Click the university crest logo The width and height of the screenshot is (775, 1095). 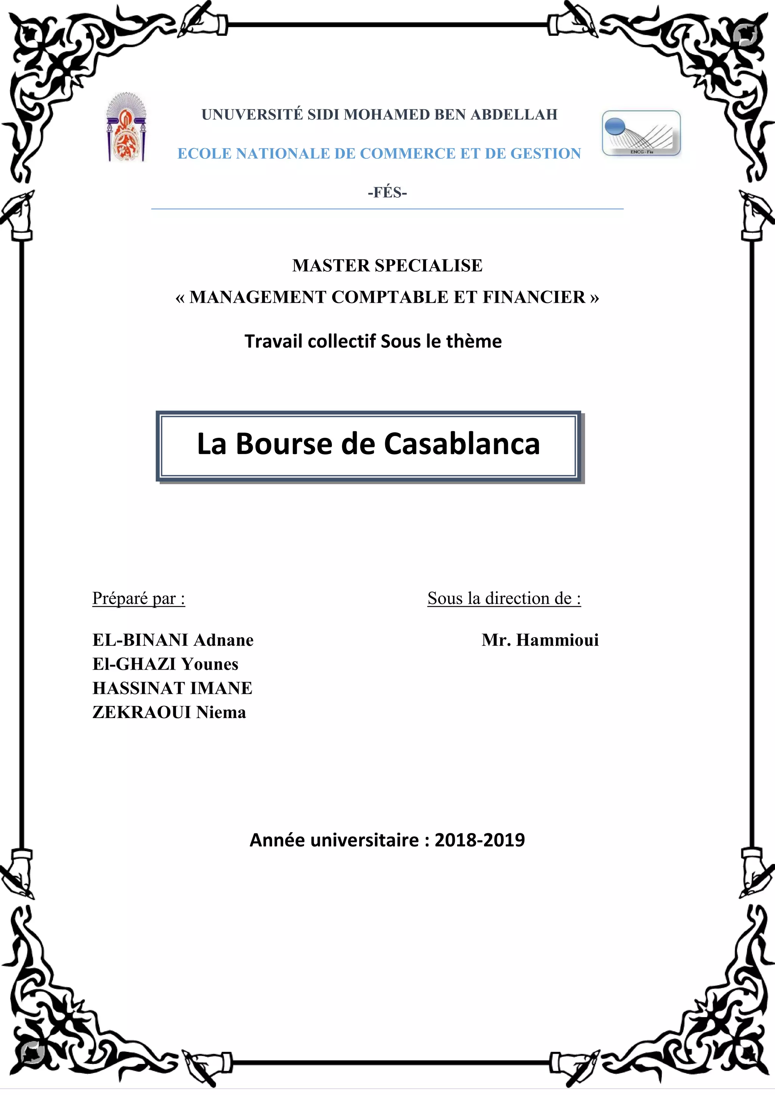[x=126, y=127]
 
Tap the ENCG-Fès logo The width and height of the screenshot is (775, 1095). [x=641, y=133]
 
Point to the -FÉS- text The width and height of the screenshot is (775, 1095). [x=387, y=193]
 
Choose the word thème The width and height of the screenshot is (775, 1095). [x=473, y=341]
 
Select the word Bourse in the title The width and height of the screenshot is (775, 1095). [x=284, y=444]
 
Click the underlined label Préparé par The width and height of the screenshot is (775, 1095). [x=139, y=599]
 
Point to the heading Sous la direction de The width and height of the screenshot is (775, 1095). [x=504, y=599]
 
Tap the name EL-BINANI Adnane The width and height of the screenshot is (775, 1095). [x=173, y=640]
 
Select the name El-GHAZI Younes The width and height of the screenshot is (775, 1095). [x=165, y=664]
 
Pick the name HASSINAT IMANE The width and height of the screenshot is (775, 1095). [x=172, y=688]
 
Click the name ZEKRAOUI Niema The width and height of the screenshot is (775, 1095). [x=169, y=712]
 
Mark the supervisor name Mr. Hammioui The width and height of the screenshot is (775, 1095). [x=540, y=640]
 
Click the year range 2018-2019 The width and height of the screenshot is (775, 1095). [x=479, y=840]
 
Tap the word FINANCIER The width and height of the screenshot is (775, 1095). [x=534, y=297]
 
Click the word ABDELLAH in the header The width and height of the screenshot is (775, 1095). [x=514, y=115]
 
